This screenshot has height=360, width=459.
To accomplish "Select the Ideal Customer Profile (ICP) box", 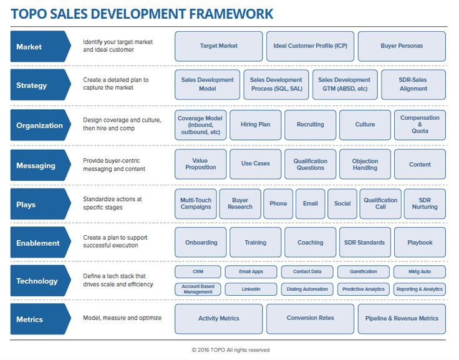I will [310, 46].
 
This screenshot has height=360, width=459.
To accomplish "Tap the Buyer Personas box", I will [402, 46].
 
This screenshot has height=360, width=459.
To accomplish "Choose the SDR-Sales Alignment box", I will [413, 85].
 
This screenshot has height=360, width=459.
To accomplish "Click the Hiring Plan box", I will [255, 125].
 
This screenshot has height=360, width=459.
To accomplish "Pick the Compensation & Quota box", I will [420, 125].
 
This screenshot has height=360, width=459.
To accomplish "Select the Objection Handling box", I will [365, 165].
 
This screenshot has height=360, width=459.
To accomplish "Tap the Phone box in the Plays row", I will [278, 204].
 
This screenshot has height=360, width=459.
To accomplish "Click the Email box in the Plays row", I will [310, 204].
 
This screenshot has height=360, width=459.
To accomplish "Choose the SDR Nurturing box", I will [425, 204].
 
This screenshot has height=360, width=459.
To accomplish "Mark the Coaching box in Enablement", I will [310, 243].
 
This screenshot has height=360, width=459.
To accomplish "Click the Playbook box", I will [420, 243].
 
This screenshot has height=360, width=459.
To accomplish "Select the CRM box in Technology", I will [198, 272].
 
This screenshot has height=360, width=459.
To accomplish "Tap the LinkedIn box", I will [250, 289].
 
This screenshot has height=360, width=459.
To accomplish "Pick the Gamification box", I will [363, 272].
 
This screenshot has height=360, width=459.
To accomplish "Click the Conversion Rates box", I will [310, 319].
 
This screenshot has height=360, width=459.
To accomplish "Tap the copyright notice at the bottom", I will [231, 350].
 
